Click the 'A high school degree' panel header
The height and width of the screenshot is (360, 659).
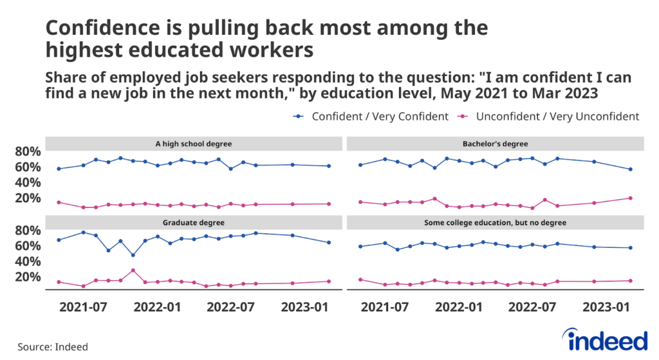194,143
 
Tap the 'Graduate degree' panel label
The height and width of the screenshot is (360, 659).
194,222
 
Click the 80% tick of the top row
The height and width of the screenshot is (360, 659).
28,152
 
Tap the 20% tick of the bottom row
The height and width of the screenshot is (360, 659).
28,277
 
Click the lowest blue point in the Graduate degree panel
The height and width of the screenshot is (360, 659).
133,255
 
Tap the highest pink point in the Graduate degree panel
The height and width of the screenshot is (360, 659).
133,270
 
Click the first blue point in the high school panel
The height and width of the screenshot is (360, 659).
59,169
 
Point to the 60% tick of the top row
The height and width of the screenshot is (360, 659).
28,167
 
